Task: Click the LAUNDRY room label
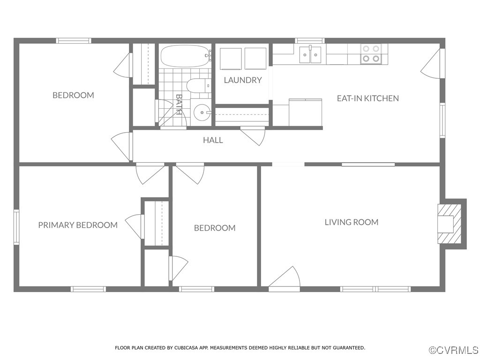click(242, 80)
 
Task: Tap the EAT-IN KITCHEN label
click(367, 98)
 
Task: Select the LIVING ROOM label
click(351, 222)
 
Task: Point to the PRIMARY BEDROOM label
click(78, 225)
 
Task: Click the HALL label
click(213, 140)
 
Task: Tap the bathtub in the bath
click(184, 57)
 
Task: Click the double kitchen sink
click(311, 54)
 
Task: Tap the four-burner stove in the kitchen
click(371, 54)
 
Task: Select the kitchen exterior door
click(432, 65)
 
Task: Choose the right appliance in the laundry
click(255, 59)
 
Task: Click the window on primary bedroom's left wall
click(16, 227)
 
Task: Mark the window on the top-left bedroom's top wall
click(74, 41)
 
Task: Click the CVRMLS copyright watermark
click(453, 350)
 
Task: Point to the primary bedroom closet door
click(135, 226)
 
